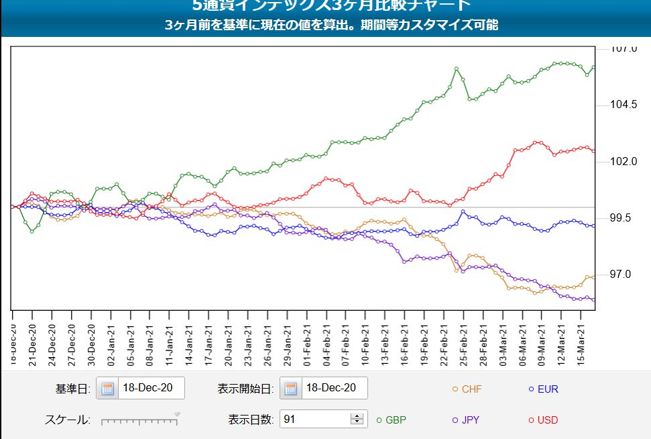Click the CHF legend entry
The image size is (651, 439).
(x=467, y=389)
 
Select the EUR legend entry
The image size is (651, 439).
(x=543, y=389)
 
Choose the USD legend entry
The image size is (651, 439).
(x=543, y=420)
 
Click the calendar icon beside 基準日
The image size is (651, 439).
(x=108, y=389)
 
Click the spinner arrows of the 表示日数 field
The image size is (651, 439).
(x=357, y=420)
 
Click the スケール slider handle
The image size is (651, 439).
(x=177, y=416)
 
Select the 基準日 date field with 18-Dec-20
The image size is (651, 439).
(x=151, y=389)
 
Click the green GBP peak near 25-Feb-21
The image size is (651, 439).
(x=456, y=68)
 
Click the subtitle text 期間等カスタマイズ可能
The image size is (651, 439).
(x=429, y=26)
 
